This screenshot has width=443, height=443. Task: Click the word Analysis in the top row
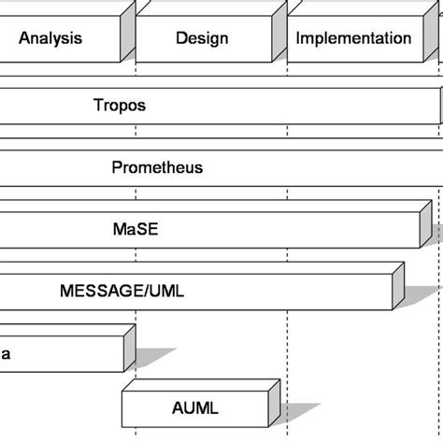50,38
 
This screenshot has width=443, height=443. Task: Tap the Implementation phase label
353,38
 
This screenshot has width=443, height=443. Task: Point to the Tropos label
120,106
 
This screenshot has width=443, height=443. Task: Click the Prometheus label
157,168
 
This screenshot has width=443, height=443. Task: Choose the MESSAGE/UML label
122,291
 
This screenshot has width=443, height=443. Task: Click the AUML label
195,407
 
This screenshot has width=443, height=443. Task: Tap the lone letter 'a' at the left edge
6,353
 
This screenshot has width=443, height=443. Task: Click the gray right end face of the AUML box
273,400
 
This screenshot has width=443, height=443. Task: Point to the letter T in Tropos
98,106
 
